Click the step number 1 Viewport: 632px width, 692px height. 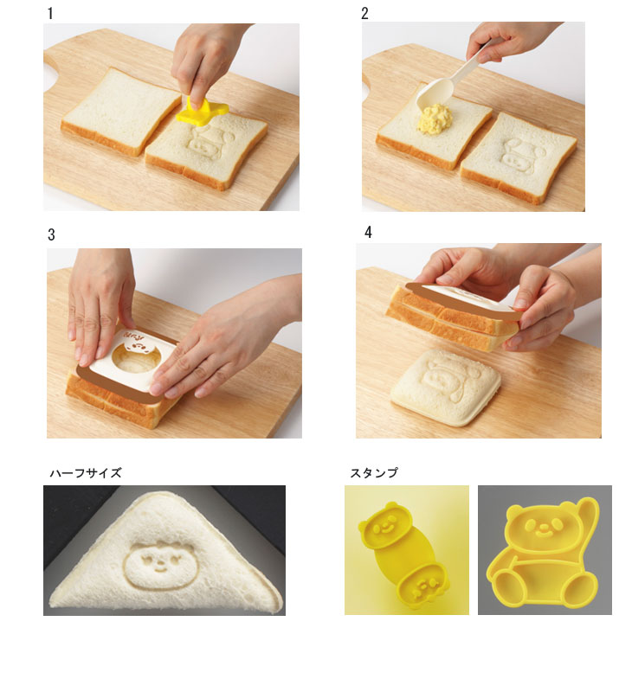[50, 13]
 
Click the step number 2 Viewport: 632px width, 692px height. [364, 13]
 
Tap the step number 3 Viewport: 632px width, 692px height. [51, 234]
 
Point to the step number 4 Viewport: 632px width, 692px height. [368, 232]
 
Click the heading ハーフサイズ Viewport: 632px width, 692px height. [85, 473]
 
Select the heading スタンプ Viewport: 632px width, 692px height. [374, 473]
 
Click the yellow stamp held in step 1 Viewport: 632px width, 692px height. [202, 111]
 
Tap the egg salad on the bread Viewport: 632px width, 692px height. [434, 117]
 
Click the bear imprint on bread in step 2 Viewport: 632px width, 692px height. [522, 157]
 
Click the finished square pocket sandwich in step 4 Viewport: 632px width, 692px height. [446, 387]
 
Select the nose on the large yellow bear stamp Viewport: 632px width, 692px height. [541, 527]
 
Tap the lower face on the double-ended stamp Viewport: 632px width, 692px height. [424, 586]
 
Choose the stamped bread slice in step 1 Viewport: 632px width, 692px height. [206, 148]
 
